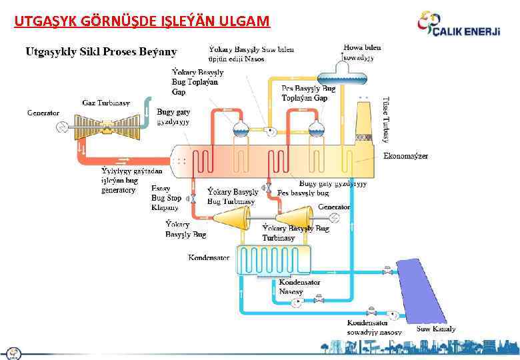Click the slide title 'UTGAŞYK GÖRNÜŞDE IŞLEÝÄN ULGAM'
coord(142,21)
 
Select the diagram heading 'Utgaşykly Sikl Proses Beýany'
coord(101,51)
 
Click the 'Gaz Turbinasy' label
coord(106,103)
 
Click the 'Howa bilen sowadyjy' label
coord(361,53)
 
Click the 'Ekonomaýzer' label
coord(406,156)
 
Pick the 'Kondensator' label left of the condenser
coord(209,257)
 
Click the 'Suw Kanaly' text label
coord(437,329)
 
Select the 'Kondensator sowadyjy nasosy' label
coord(374,327)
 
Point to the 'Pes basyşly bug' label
coord(303,192)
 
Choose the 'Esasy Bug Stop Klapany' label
coord(166,198)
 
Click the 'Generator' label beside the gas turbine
coord(43,113)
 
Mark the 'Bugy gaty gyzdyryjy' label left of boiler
coord(173,117)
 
